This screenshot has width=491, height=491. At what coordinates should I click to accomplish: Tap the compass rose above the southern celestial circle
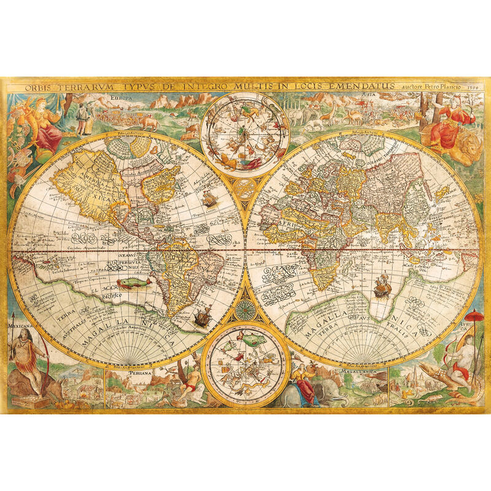tap(245, 307)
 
